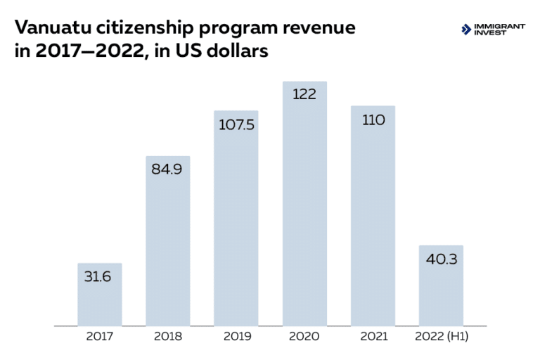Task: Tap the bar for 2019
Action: click(x=236, y=225)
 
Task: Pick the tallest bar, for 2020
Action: click(x=304, y=211)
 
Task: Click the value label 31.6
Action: click(x=99, y=276)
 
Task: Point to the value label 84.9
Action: click(x=167, y=169)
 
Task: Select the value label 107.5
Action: click(x=236, y=124)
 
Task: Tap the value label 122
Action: click(x=304, y=94)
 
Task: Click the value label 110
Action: click(x=373, y=120)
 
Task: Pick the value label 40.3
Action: click(x=441, y=259)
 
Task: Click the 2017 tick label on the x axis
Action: click(x=99, y=336)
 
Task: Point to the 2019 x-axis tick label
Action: click(x=236, y=336)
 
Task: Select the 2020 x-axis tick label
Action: click(x=304, y=336)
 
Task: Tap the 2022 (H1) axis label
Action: click(x=441, y=336)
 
